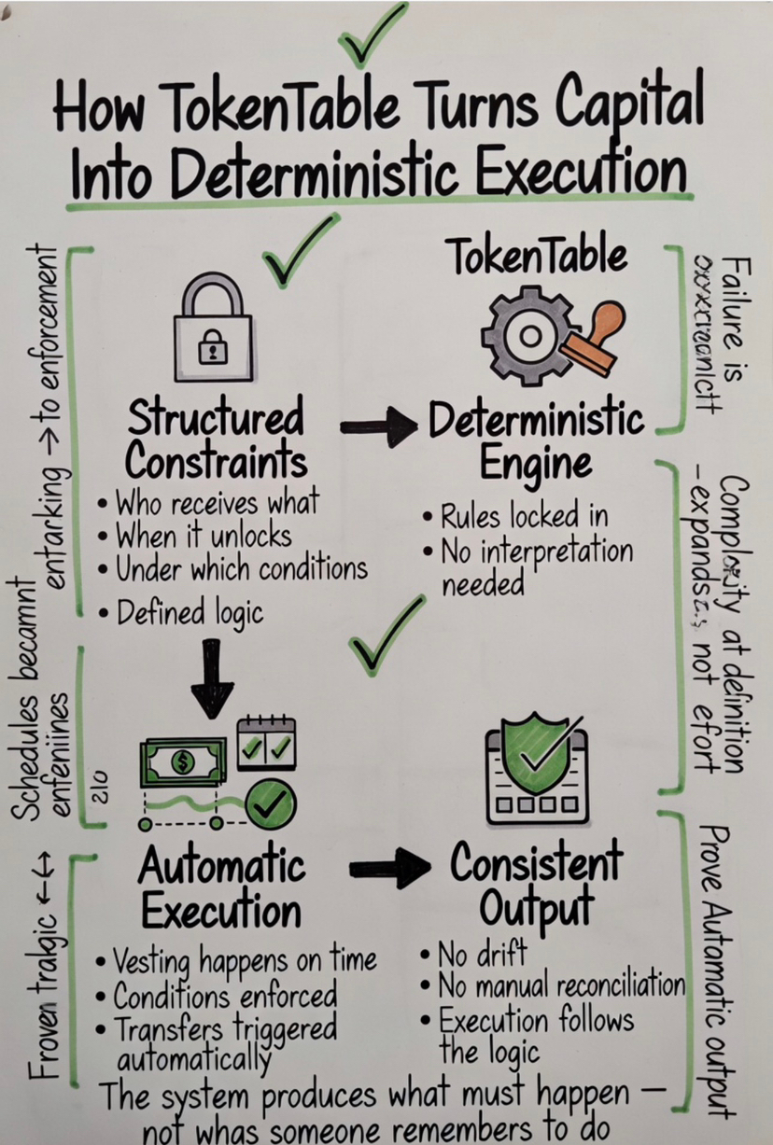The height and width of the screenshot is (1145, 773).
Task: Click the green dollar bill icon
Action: click(x=183, y=761)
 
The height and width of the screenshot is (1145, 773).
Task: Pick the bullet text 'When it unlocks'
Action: click(x=204, y=536)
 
